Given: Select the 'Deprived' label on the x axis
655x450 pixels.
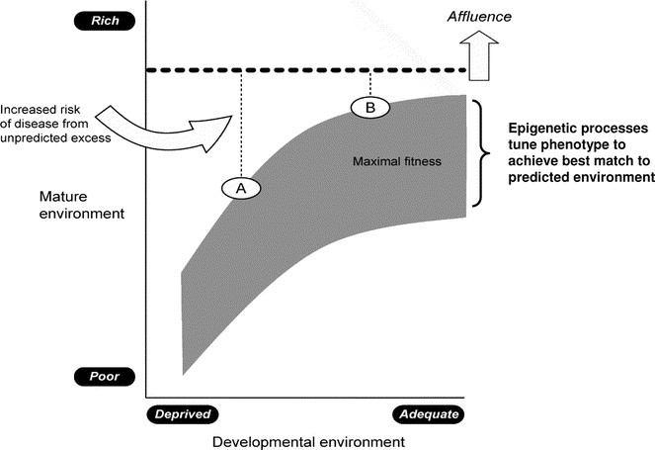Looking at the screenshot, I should pyautogui.click(x=181, y=414).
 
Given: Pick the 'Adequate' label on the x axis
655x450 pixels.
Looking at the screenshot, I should pyautogui.click(x=429, y=414).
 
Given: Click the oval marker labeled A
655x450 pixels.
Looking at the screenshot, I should pyautogui.click(x=241, y=186).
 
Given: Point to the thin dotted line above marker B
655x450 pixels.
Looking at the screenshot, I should pyautogui.click(x=369, y=82).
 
